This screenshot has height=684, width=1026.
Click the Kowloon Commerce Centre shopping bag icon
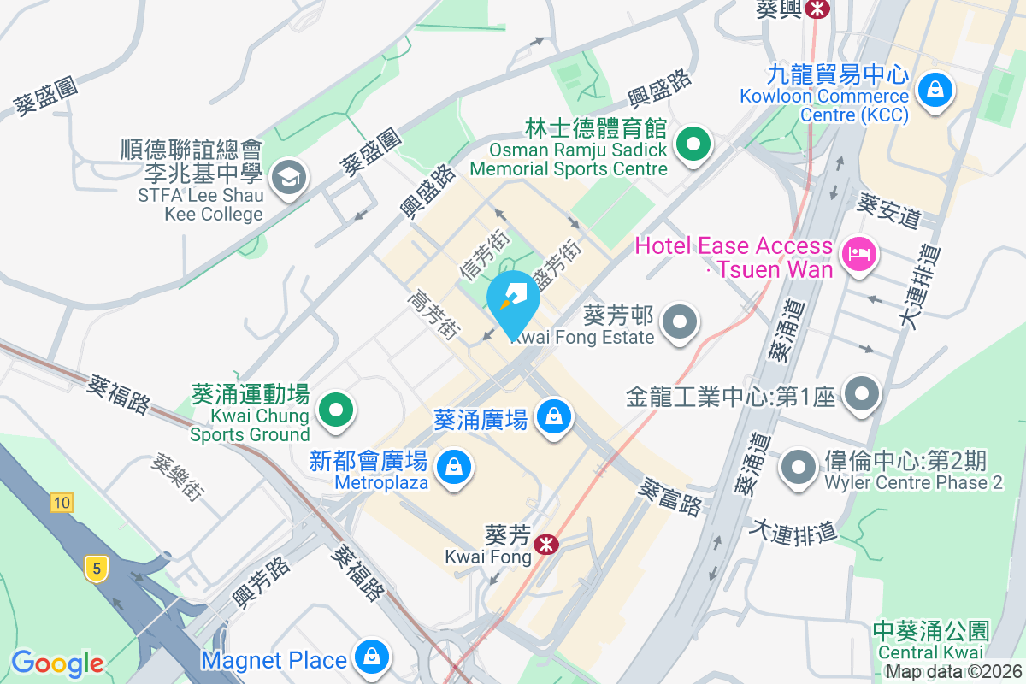(935, 88)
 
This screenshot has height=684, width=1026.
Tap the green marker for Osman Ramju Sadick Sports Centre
(693, 144)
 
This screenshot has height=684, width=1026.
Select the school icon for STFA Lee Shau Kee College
(289, 179)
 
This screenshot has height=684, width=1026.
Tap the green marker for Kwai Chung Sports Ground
(336, 410)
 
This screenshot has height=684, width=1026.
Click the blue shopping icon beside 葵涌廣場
(553, 417)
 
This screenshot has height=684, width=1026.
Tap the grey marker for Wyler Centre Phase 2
(799, 468)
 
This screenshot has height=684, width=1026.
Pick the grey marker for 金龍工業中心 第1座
(861, 395)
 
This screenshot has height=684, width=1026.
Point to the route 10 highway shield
(61, 503)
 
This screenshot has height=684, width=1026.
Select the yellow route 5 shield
(97, 568)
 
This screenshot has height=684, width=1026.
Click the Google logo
(57, 663)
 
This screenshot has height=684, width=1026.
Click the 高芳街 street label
(434, 314)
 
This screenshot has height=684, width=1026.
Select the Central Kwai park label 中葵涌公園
(931, 632)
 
